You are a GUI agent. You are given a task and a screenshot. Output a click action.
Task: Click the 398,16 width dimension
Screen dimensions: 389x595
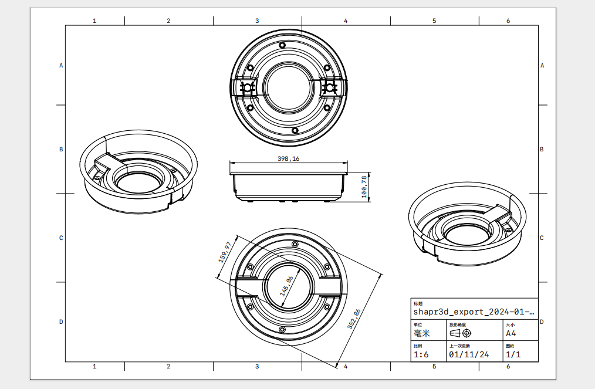pyautogui.click(x=288, y=158)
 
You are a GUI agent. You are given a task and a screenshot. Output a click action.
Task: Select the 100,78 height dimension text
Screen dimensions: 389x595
pyautogui.click(x=364, y=185)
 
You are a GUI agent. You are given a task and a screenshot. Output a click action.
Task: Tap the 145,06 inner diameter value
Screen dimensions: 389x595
pyautogui.click(x=288, y=287)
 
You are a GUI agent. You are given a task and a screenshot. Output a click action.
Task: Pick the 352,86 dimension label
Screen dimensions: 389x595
pyautogui.click(x=354, y=319)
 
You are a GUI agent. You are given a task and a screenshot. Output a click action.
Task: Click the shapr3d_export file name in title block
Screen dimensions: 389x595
pyautogui.click(x=474, y=312)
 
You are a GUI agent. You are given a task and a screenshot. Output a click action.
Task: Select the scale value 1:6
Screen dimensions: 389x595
pyautogui.click(x=421, y=354)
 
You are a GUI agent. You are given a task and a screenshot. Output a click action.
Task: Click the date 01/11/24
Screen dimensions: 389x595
pyautogui.click(x=468, y=354)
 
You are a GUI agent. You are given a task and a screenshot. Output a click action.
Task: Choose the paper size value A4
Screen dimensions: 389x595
pyautogui.click(x=511, y=333)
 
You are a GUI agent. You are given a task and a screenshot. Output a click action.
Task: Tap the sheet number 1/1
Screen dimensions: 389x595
pyautogui.click(x=513, y=354)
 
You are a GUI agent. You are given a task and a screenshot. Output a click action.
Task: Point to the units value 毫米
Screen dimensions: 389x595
pyautogui.click(x=422, y=333)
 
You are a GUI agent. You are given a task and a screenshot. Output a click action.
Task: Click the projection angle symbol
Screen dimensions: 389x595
pyautogui.click(x=461, y=333)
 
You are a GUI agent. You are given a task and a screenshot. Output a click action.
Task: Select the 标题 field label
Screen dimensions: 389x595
pyautogui.click(x=418, y=303)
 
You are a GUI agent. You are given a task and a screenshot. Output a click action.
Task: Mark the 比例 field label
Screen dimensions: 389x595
pyautogui.click(x=418, y=346)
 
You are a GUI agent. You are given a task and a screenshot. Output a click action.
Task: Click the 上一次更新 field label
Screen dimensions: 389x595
pyautogui.click(x=459, y=346)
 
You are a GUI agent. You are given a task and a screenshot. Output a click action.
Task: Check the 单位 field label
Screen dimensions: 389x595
pyautogui.click(x=418, y=324)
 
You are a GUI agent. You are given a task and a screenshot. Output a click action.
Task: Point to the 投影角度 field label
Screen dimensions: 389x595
pyautogui.click(x=458, y=324)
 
